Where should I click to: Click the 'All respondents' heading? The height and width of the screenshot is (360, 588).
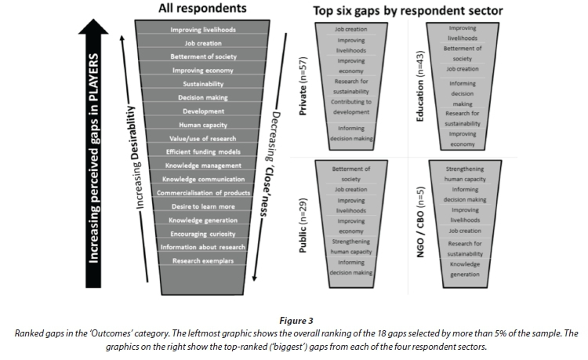(203, 9)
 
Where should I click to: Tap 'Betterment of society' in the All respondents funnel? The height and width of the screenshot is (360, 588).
(203, 57)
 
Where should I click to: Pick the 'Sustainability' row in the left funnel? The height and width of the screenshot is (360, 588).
(203, 84)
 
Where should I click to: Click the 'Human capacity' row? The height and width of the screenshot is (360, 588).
(203, 124)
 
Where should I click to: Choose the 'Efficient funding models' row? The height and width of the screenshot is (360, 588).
(203, 151)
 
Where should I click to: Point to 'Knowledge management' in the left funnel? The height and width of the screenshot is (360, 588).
(203, 165)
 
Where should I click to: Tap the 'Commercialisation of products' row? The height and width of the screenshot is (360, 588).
(203, 193)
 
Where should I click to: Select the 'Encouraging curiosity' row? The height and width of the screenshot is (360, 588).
(203, 234)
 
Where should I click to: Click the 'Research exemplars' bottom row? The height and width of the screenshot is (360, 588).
(203, 261)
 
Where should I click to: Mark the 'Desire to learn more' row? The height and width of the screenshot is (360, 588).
(203, 206)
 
